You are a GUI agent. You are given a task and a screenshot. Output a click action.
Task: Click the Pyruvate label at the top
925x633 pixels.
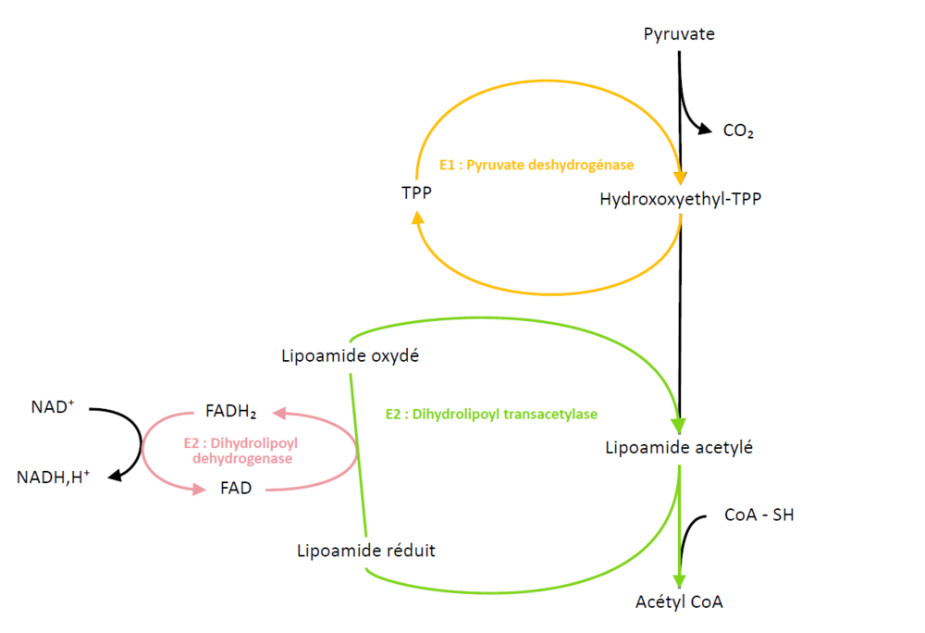pyautogui.click(x=679, y=34)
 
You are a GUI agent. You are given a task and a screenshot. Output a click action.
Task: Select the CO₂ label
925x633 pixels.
pyautogui.click(x=738, y=131)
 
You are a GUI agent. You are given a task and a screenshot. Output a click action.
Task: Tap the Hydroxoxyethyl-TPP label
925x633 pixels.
pyautogui.click(x=681, y=199)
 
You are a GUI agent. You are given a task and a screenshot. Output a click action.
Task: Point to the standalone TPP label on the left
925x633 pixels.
pyautogui.click(x=417, y=192)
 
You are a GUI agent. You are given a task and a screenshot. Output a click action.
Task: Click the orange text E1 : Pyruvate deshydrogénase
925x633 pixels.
pyautogui.click(x=536, y=165)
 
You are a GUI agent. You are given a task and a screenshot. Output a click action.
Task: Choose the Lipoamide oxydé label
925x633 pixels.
pyautogui.click(x=351, y=356)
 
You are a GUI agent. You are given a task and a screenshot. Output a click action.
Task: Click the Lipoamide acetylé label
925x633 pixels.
pyautogui.click(x=679, y=448)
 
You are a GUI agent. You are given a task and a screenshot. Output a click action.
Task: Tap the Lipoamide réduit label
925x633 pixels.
pyautogui.click(x=366, y=551)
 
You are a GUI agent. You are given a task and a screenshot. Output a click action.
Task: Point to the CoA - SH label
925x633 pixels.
pyautogui.click(x=758, y=515)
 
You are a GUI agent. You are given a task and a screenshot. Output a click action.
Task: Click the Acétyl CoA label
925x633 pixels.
pyautogui.click(x=679, y=602)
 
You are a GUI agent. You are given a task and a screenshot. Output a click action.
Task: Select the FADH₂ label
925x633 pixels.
pyautogui.click(x=231, y=412)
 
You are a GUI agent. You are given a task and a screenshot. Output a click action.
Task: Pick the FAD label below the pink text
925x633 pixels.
pyautogui.click(x=236, y=488)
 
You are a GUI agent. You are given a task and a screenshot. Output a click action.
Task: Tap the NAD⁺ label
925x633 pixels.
pyautogui.click(x=52, y=405)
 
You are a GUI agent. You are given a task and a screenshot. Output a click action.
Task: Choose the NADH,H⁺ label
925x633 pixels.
pyautogui.click(x=54, y=478)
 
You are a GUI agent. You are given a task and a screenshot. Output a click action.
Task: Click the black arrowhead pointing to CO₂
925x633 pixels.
pyautogui.click(x=704, y=130)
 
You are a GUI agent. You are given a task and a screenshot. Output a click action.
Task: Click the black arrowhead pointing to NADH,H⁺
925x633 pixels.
pyautogui.click(x=116, y=476)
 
